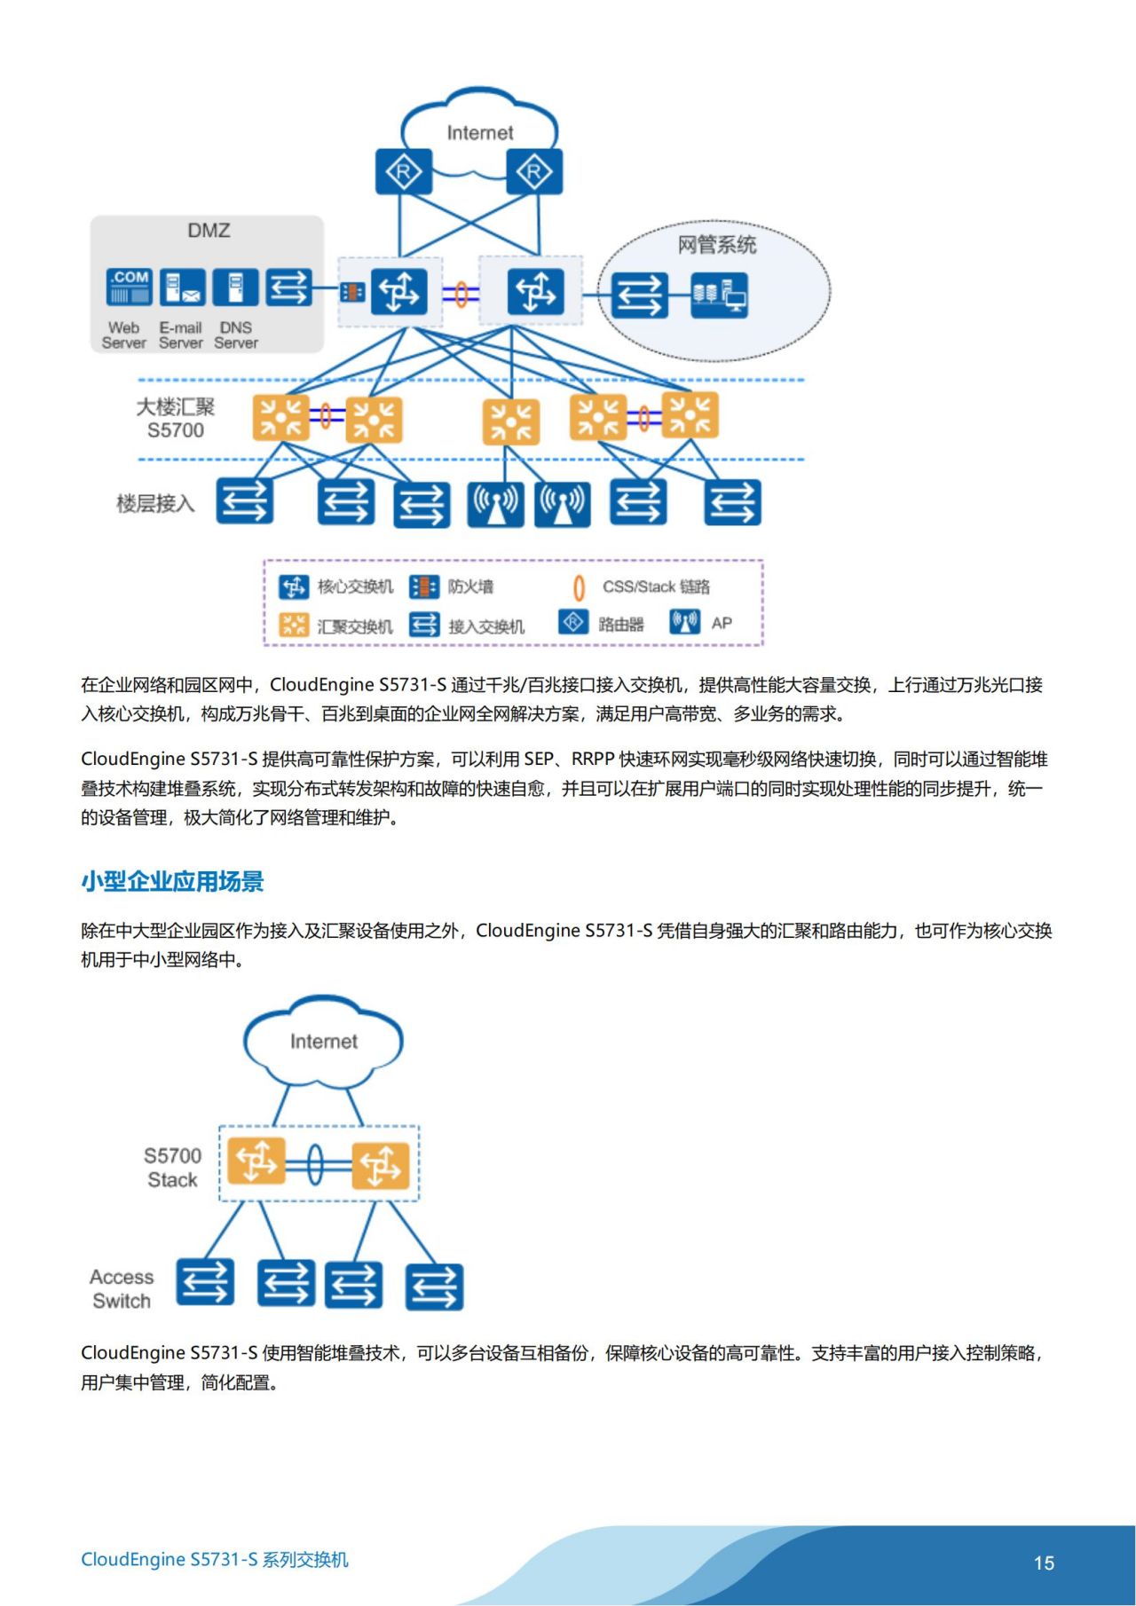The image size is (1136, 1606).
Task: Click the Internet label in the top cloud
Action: coord(479,133)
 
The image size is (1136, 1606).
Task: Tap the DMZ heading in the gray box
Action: coord(209,231)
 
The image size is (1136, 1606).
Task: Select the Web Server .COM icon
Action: coord(129,287)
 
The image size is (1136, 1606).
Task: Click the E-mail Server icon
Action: coord(184,287)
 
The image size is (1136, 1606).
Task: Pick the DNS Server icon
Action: coord(236,287)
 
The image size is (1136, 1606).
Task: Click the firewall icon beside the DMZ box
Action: coord(352,291)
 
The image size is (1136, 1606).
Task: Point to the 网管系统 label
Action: coord(717,245)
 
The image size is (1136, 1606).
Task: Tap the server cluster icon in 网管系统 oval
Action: coord(720,294)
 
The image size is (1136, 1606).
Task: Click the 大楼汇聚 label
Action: coord(176,407)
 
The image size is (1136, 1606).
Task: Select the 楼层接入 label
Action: coord(155,504)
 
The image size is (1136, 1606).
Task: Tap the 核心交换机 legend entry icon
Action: coord(293,587)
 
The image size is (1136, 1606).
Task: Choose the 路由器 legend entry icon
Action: coord(573,622)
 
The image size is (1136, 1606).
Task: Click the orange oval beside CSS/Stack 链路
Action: coord(579,587)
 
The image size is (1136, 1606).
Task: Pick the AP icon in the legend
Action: coord(685,622)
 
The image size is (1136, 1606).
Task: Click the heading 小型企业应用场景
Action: coord(172,881)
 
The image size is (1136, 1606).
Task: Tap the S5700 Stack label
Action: coord(172,1168)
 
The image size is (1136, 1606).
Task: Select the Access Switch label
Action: coord(122,1289)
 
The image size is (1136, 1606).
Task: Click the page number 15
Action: coord(1044,1563)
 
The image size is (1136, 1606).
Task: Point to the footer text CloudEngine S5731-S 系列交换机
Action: coord(215,1559)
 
